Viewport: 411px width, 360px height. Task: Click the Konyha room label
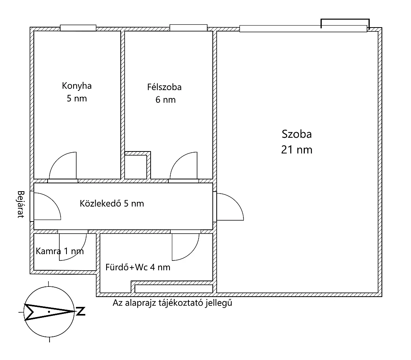click(77, 86)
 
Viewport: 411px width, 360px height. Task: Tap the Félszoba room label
click(164, 87)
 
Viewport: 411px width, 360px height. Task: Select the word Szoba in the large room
click(297, 134)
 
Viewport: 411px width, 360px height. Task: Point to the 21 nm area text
click(297, 150)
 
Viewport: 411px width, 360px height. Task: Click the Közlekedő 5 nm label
click(112, 203)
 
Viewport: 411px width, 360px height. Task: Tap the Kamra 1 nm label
click(60, 251)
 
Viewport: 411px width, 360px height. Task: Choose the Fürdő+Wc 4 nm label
click(138, 267)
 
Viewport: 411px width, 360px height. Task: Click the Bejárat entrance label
click(21, 204)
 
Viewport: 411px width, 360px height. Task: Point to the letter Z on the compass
click(81, 311)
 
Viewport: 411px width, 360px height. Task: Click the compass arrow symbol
click(49, 312)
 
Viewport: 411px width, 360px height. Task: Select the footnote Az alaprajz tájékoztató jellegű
click(173, 303)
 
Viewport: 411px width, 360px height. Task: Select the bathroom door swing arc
click(192, 253)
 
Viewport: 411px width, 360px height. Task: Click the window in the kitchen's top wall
click(78, 28)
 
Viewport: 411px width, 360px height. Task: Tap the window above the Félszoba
click(188, 28)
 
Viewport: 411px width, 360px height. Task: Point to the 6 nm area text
click(166, 100)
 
